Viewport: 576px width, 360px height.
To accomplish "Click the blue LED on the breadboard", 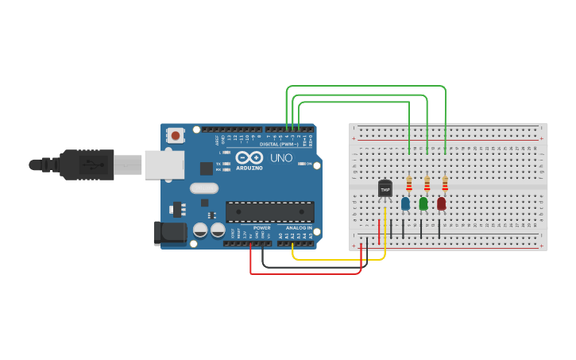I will (405, 203).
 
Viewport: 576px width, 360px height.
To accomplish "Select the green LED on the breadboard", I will (423, 203).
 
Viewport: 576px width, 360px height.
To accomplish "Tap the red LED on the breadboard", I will (442, 203).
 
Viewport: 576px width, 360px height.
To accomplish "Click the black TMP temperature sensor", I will (385, 189).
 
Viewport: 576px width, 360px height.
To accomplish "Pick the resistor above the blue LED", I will (409, 184).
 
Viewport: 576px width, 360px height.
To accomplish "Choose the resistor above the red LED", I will (445, 184).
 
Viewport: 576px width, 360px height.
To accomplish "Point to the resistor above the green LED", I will (427, 184).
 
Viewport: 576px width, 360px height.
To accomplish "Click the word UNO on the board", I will (281, 158).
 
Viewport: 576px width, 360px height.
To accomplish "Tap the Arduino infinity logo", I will (249, 157).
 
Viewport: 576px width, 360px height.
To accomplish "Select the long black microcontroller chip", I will (270, 211).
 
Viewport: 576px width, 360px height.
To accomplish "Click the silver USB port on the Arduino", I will (164, 165).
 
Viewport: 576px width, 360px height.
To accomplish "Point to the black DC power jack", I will (169, 232).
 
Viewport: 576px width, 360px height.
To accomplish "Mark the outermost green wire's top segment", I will (365, 86).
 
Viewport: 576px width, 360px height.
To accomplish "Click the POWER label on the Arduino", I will (262, 228).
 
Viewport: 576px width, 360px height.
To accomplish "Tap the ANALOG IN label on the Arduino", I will (299, 228).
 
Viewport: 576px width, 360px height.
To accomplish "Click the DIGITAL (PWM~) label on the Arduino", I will (279, 144).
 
